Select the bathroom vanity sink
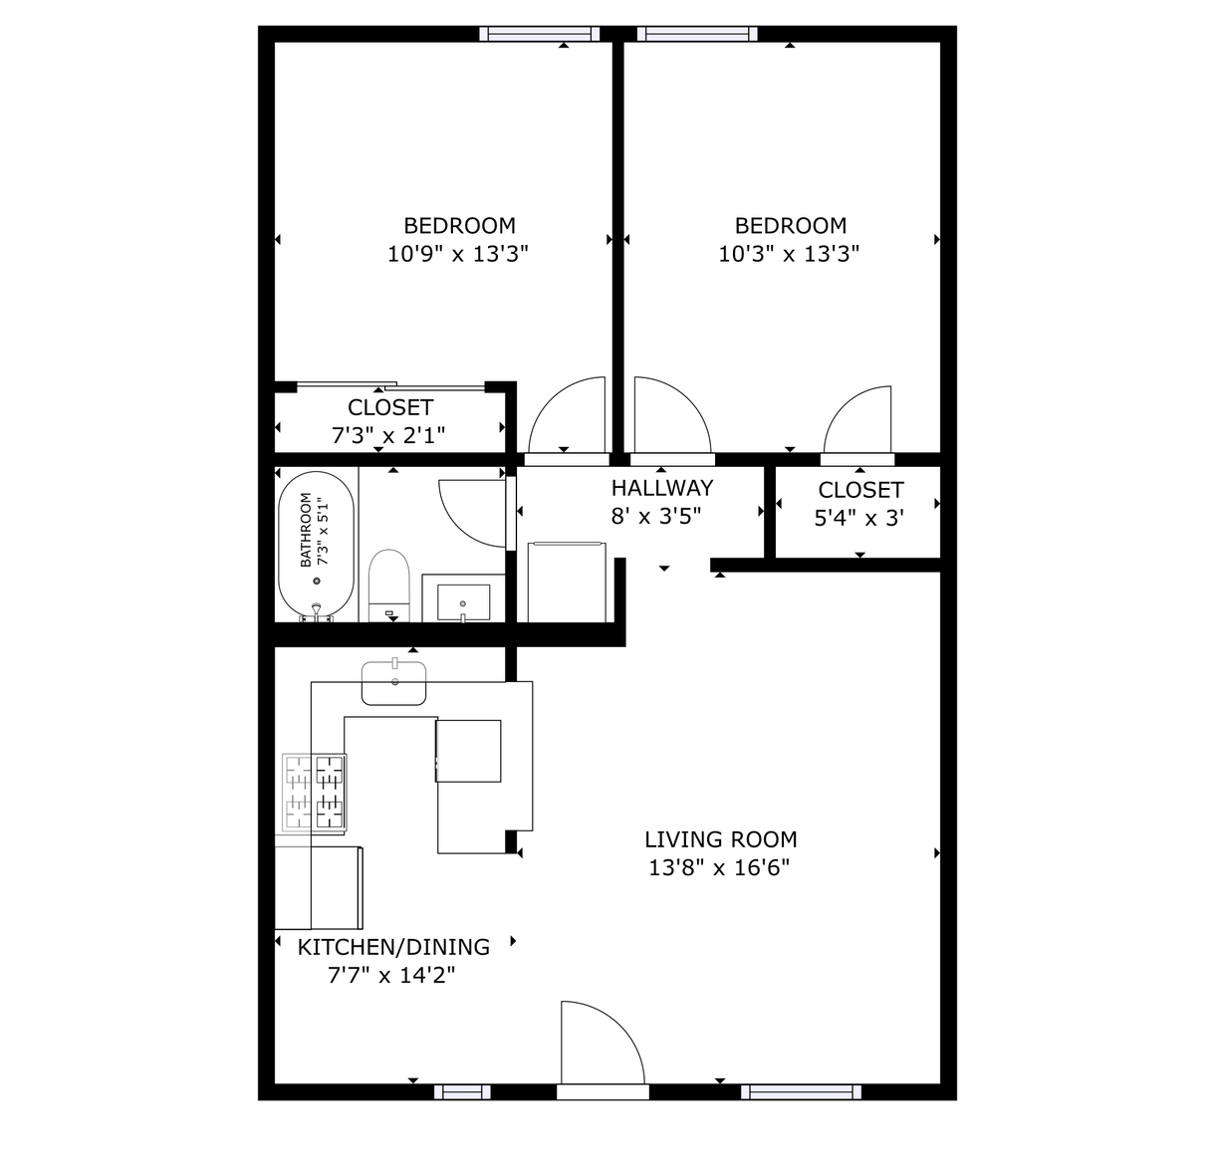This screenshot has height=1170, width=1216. (x=464, y=601)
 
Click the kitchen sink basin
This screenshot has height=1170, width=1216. (x=395, y=683)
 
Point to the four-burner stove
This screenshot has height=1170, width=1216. (x=315, y=793)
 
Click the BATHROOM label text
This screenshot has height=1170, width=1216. (x=306, y=531)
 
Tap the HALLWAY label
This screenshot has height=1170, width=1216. (x=662, y=488)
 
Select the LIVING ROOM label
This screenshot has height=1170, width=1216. (x=720, y=839)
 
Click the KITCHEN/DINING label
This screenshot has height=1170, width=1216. (x=393, y=947)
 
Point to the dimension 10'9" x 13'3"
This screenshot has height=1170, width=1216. (x=457, y=254)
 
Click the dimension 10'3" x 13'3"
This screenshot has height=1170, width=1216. (x=789, y=254)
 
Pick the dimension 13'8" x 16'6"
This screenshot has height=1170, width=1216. (x=719, y=867)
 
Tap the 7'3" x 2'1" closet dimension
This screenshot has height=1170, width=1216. (x=388, y=435)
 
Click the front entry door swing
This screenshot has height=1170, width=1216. (x=598, y=1046)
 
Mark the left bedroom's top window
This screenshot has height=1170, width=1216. (x=539, y=34)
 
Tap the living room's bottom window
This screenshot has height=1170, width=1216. (x=801, y=1092)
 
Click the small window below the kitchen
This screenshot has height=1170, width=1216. (x=463, y=1092)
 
